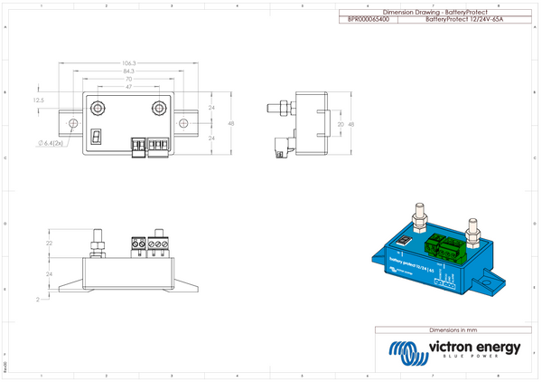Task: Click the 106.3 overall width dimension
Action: click(x=129, y=63)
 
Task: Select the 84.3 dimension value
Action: click(x=129, y=71)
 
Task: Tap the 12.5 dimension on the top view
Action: click(x=38, y=100)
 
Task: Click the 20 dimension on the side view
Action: click(x=340, y=123)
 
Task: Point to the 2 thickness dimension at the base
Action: click(x=51, y=296)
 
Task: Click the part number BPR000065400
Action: click(x=369, y=18)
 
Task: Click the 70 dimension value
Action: click(x=129, y=78)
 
